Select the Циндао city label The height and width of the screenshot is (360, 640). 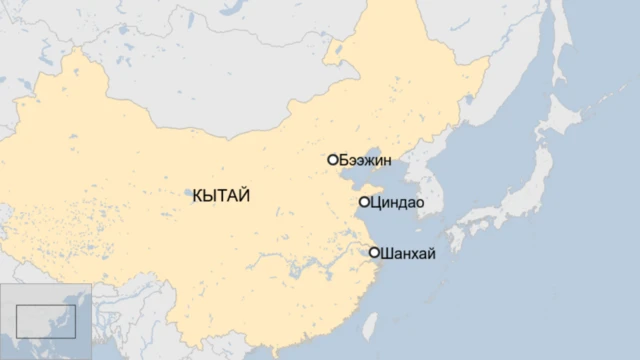(x=397, y=203)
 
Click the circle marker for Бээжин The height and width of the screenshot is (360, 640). (x=332, y=160)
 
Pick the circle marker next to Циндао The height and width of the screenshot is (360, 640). (x=364, y=202)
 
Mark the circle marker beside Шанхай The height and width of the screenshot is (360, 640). (x=374, y=253)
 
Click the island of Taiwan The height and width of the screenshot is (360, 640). (x=369, y=323)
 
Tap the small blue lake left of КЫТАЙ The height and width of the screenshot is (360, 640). (x=187, y=192)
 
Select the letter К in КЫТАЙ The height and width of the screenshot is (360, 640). (x=196, y=197)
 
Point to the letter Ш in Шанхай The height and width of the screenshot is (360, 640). (x=387, y=253)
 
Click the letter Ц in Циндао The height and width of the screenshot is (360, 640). (x=375, y=203)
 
